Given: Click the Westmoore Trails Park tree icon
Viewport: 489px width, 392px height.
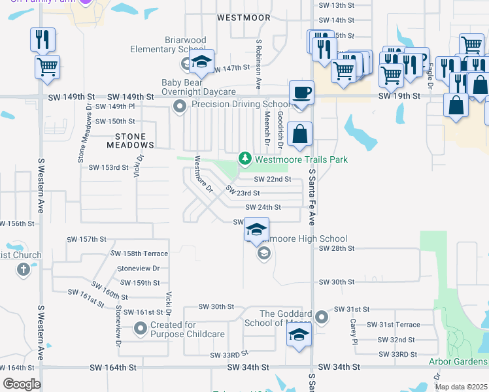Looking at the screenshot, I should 245,159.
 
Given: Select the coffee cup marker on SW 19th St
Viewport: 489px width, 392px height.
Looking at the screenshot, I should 301,92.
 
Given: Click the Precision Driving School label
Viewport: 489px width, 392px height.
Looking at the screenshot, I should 240,105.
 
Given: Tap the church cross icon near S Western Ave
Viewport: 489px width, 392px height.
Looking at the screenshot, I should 24,269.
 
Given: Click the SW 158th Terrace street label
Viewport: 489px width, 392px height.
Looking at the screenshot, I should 139,253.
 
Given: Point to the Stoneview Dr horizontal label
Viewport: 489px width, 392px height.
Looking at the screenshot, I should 138,269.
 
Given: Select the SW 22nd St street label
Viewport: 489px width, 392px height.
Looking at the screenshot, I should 272,179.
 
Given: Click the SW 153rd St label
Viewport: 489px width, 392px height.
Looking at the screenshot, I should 109,167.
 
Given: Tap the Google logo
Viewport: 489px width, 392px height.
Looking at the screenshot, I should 22,384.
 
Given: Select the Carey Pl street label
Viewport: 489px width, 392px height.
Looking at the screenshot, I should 354,332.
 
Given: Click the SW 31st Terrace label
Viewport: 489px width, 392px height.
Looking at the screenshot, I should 393,325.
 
